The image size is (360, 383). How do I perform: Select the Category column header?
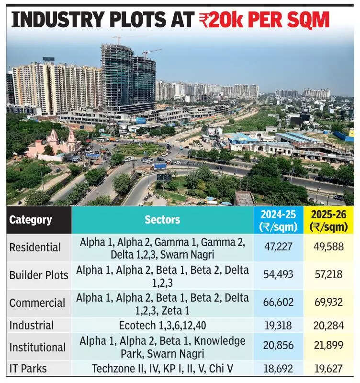(x=31, y=220)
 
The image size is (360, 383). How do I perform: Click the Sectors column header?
(x=162, y=220)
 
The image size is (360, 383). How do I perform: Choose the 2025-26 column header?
(x=329, y=220)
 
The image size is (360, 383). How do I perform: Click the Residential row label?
(x=35, y=248)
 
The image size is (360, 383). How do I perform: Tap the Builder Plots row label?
(x=39, y=275)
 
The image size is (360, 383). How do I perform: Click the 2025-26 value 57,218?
(x=329, y=275)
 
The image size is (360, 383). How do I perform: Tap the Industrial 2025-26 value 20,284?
(x=329, y=326)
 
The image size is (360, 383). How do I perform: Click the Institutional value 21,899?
(x=329, y=348)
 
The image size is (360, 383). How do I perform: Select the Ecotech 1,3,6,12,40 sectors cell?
(x=162, y=326)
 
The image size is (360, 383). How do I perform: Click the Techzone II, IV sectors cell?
(x=162, y=368)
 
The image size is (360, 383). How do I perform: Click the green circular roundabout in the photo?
(x=139, y=150)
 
